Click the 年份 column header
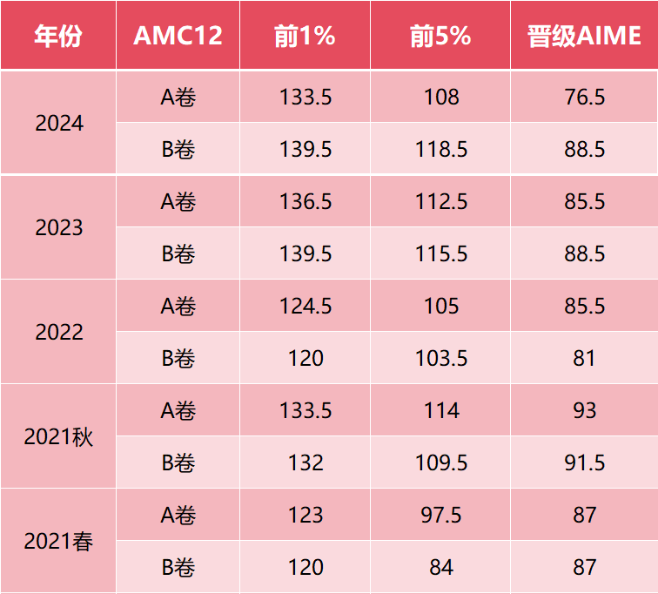pyautogui.click(x=57, y=35)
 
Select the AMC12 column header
pyautogui.click(x=178, y=35)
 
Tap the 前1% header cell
pyautogui.click(x=305, y=35)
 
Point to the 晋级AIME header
pyautogui.click(x=584, y=35)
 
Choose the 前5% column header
pyautogui.click(x=440, y=35)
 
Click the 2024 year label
pyautogui.click(x=59, y=124)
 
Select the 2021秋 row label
pyautogui.click(x=59, y=436)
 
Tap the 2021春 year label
pyautogui.click(x=59, y=541)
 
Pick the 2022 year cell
pyautogui.click(x=59, y=332)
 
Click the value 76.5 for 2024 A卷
pyautogui.click(x=584, y=97)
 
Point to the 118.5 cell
pyautogui.click(x=441, y=149)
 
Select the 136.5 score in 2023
pyautogui.click(x=305, y=201)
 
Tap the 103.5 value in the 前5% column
pyautogui.click(x=441, y=358)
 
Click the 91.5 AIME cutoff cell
pyautogui.click(x=584, y=462)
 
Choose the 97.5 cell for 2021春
pyautogui.click(x=441, y=515)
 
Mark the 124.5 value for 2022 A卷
pyautogui.click(x=305, y=306)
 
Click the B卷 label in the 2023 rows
pyautogui.click(x=178, y=253)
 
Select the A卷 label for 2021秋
pyautogui.click(x=178, y=410)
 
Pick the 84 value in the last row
pyautogui.click(x=441, y=567)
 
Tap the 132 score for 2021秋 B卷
pyautogui.click(x=305, y=462)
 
